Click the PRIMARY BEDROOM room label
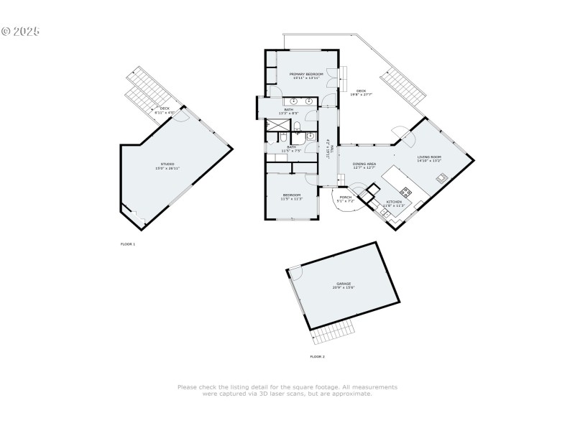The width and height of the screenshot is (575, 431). click(x=306, y=74)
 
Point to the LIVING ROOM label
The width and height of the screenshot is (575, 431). click(x=429, y=157)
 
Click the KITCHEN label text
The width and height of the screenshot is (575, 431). click(x=395, y=202)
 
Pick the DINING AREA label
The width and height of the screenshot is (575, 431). click(x=364, y=164)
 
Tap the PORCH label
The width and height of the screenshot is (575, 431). click(x=346, y=197)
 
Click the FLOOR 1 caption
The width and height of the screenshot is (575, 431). click(x=127, y=244)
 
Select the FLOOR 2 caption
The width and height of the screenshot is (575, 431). click(x=317, y=356)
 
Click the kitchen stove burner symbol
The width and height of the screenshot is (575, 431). click(x=406, y=192)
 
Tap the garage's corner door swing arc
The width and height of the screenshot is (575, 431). click(x=295, y=274)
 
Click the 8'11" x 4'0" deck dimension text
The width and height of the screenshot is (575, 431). click(x=165, y=113)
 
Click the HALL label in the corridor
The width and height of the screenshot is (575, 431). click(x=328, y=151)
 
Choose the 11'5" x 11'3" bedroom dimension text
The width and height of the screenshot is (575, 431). click(x=291, y=199)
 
